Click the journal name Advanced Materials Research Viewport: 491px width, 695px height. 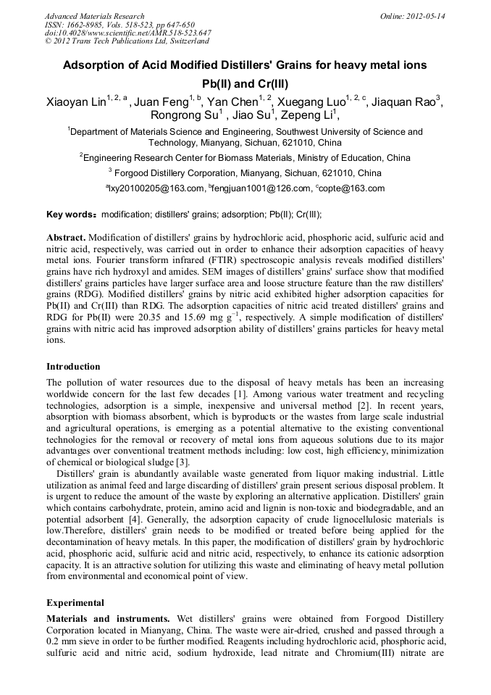(x=94, y=16)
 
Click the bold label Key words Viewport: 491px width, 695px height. (x=69, y=215)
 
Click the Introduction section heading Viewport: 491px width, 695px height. (x=73, y=367)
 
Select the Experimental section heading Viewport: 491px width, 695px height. (x=75, y=603)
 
